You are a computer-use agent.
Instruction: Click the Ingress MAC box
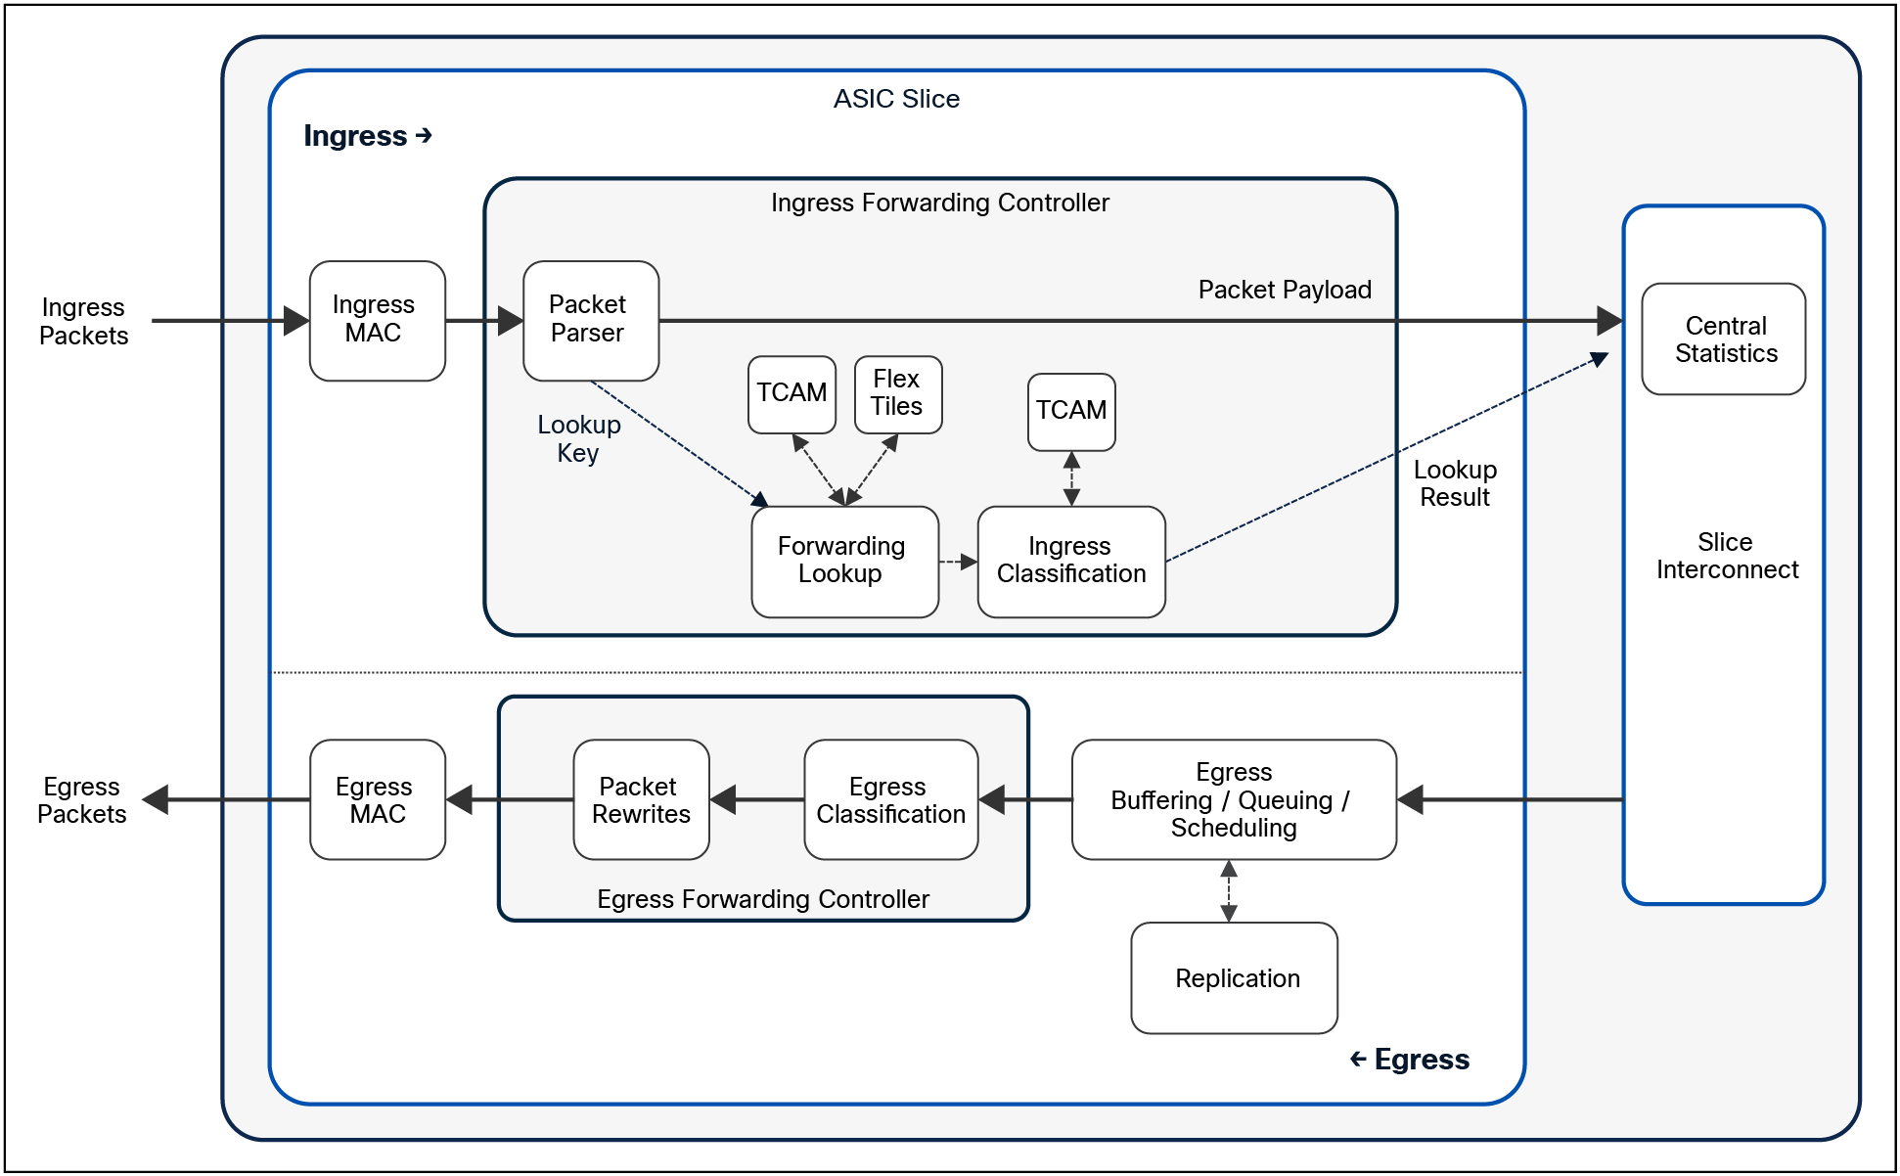click(377, 320)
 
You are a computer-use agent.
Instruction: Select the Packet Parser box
click(590, 320)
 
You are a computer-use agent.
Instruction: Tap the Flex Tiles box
click(897, 393)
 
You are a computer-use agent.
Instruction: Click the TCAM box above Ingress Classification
click(1071, 411)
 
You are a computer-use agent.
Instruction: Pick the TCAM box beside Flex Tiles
click(792, 393)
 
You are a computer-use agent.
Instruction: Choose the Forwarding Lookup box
click(843, 561)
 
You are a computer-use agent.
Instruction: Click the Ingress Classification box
click(1071, 561)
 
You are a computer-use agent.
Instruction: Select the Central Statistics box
click(1724, 339)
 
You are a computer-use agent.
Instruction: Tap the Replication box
click(1235, 977)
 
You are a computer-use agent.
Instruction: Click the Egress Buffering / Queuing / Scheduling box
click(1233, 799)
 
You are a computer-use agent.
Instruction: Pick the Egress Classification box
click(890, 799)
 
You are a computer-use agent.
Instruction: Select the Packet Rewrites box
click(641, 799)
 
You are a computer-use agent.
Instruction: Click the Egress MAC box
click(377, 799)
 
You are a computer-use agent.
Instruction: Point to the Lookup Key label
click(578, 438)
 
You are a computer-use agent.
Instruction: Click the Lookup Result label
click(1455, 483)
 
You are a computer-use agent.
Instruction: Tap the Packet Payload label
click(1284, 290)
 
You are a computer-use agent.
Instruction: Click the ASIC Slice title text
click(896, 99)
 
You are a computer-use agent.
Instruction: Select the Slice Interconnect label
click(1726, 556)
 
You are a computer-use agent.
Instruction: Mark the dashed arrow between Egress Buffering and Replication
click(1229, 890)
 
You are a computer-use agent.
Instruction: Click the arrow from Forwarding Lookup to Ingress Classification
click(958, 562)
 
